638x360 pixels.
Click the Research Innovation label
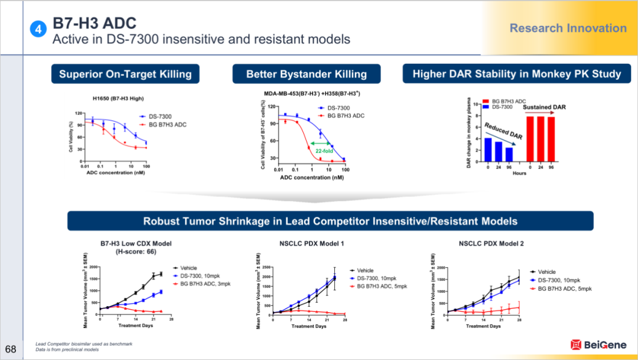(x=568, y=28)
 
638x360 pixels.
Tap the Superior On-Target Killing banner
(x=125, y=74)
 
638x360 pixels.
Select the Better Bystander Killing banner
(x=306, y=74)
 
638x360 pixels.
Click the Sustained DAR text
(x=544, y=108)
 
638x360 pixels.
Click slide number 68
(x=11, y=346)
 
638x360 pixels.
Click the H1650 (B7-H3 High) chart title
(x=118, y=98)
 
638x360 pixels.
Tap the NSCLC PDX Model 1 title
(x=311, y=243)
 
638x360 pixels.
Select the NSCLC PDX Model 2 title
(x=491, y=243)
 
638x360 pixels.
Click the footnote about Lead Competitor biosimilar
(x=84, y=343)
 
